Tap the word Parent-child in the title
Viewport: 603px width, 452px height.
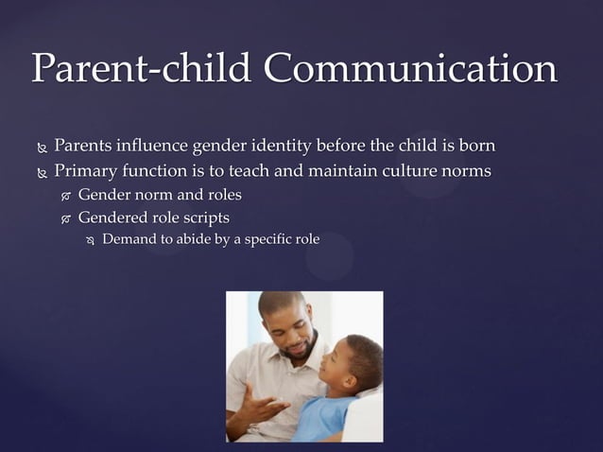[142, 69]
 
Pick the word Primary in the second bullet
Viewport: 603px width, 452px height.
[87, 171]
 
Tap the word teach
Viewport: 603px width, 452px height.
[255, 171]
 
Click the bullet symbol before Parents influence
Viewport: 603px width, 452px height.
[42, 149]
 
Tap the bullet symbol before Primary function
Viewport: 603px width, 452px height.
[42, 174]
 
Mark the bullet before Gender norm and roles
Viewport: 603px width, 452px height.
[65, 197]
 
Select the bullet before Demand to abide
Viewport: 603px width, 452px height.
[90, 241]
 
